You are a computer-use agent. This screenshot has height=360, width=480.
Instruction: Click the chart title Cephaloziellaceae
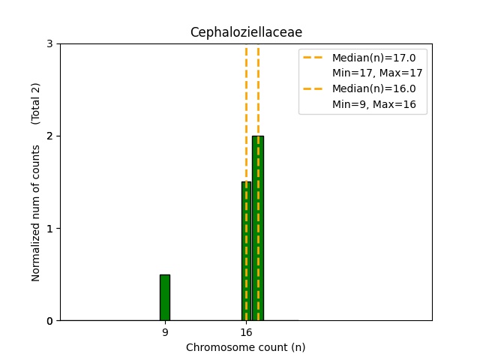click(246, 32)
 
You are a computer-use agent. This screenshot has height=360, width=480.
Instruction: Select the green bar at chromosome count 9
click(165, 297)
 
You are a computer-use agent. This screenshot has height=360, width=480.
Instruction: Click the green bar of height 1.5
click(246, 250)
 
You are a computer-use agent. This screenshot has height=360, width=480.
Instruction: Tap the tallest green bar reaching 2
click(258, 228)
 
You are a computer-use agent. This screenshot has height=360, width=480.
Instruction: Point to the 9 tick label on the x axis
click(165, 331)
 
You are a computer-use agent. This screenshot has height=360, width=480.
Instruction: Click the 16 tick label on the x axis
click(246, 331)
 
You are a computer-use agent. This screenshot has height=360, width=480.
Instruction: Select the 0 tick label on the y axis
click(50, 321)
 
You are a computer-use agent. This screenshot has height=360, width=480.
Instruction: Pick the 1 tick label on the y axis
click(50, 229)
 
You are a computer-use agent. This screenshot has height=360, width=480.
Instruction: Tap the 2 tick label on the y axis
click(50, 136)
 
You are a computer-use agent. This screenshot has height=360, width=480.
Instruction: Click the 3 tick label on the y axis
click(50, 44)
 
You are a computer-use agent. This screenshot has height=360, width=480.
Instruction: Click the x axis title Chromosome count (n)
click(246, 347)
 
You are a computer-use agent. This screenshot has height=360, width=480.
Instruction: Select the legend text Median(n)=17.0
click(369, 57)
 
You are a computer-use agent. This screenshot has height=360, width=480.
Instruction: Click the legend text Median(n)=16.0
click(369, 88)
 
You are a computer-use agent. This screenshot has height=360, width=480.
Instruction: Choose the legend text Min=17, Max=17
click(378, 73)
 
